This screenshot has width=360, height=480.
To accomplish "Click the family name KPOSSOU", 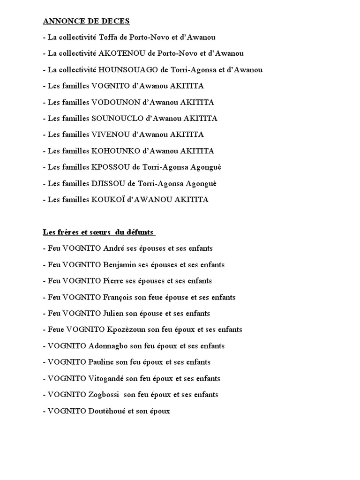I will [x=110, y=167].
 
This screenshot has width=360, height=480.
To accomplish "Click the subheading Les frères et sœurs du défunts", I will [x=99, y=232].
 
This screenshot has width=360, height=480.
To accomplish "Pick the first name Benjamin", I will [x=120, y=265].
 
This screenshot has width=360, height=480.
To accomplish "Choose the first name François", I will [x=117, y=297].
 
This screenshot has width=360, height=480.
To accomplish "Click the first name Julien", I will [x=114, y=314].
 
